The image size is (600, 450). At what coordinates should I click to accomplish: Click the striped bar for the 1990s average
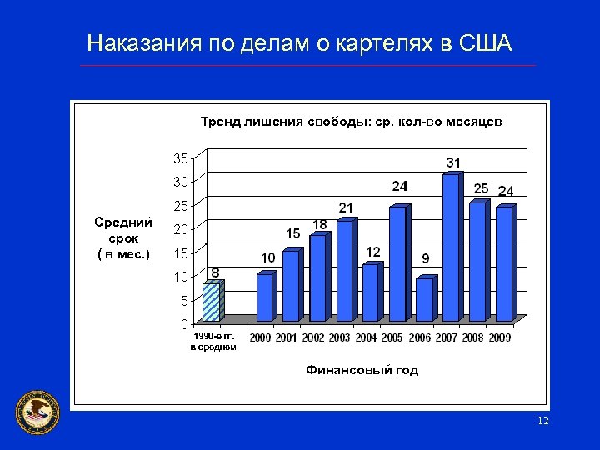click(x=212, y=302)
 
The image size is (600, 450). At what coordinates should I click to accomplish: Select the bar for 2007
click(x=451, y=247)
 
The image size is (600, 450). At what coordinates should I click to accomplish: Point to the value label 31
click(x=454, y=162)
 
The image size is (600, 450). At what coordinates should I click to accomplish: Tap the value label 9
click(x=426, y=257)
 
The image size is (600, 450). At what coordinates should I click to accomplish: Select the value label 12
click(x=373, y=251)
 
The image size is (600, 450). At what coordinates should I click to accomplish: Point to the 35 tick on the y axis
click(x=180, y=157)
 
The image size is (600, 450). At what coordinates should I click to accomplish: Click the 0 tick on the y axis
click(x=184, y=323)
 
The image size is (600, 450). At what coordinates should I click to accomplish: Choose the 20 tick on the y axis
click(x=180, y=228)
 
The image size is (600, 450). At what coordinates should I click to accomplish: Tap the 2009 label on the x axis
click(x=500, y=337)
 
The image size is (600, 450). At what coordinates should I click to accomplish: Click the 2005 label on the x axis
click(x=393, y=337)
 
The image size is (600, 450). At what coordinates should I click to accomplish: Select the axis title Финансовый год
click(x=362, y=370)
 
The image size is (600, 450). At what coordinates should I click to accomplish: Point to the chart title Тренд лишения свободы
click(x=351, y=122)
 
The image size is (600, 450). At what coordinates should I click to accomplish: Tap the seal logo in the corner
click(x=38, y=411)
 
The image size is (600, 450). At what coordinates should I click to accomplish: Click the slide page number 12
click(x=543, y=422)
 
